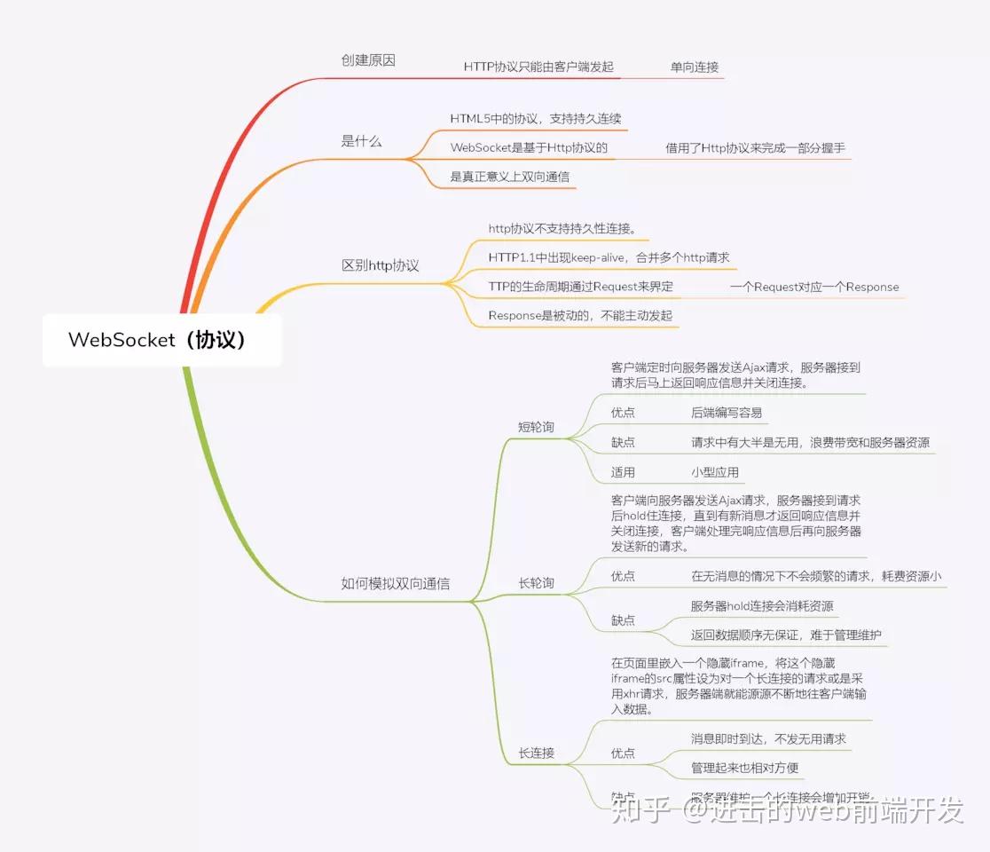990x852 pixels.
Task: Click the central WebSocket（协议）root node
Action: coord(161,340)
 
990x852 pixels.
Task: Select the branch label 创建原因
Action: coord(368,60)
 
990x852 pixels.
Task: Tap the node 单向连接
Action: coord(694,67)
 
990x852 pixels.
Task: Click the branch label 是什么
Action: coord(361,141)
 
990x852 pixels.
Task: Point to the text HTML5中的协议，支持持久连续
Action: coord(536,118)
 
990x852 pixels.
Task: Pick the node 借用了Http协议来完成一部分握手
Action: coord(756,148)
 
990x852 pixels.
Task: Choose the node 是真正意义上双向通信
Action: coord(509,177)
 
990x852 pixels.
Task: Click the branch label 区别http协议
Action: coord(380,265)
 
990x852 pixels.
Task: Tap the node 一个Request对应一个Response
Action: coord(813,287)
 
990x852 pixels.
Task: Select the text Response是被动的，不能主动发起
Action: coord(580,315)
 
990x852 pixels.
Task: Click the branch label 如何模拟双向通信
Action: coord(395,583)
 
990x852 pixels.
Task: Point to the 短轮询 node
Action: coord(536,427)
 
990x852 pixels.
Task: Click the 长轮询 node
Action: coord(536,583)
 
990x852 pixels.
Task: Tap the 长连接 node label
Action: coord(536,753)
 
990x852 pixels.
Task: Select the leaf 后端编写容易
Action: coord(726,413)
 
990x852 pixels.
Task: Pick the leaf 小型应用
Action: coord(714,472)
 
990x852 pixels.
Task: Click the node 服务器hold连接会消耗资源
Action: coord(761,606)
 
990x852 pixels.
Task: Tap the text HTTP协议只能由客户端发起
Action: coord(538,67)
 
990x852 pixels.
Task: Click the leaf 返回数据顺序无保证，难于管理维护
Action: coord(785,635)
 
